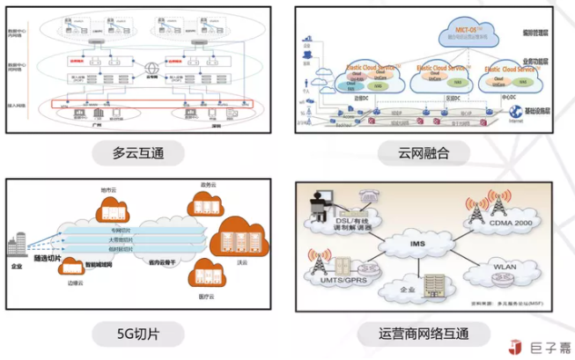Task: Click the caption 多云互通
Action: point(141,153)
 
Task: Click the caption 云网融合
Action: point(424,153)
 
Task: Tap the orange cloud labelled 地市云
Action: point(108,209)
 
